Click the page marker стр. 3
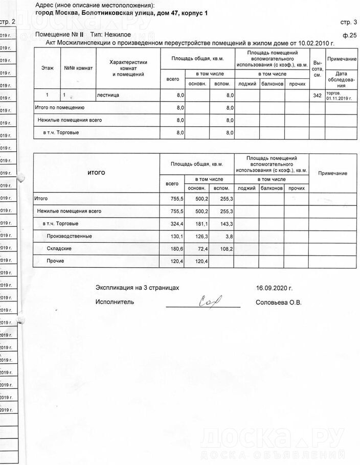pos(349,22)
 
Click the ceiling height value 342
pos(317,96)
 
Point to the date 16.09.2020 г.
pos(274,288)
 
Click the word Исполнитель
pos(115,302)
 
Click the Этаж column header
pos(47,68)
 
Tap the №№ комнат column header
pos(77,68)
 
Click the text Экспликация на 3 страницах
pos(138,288)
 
